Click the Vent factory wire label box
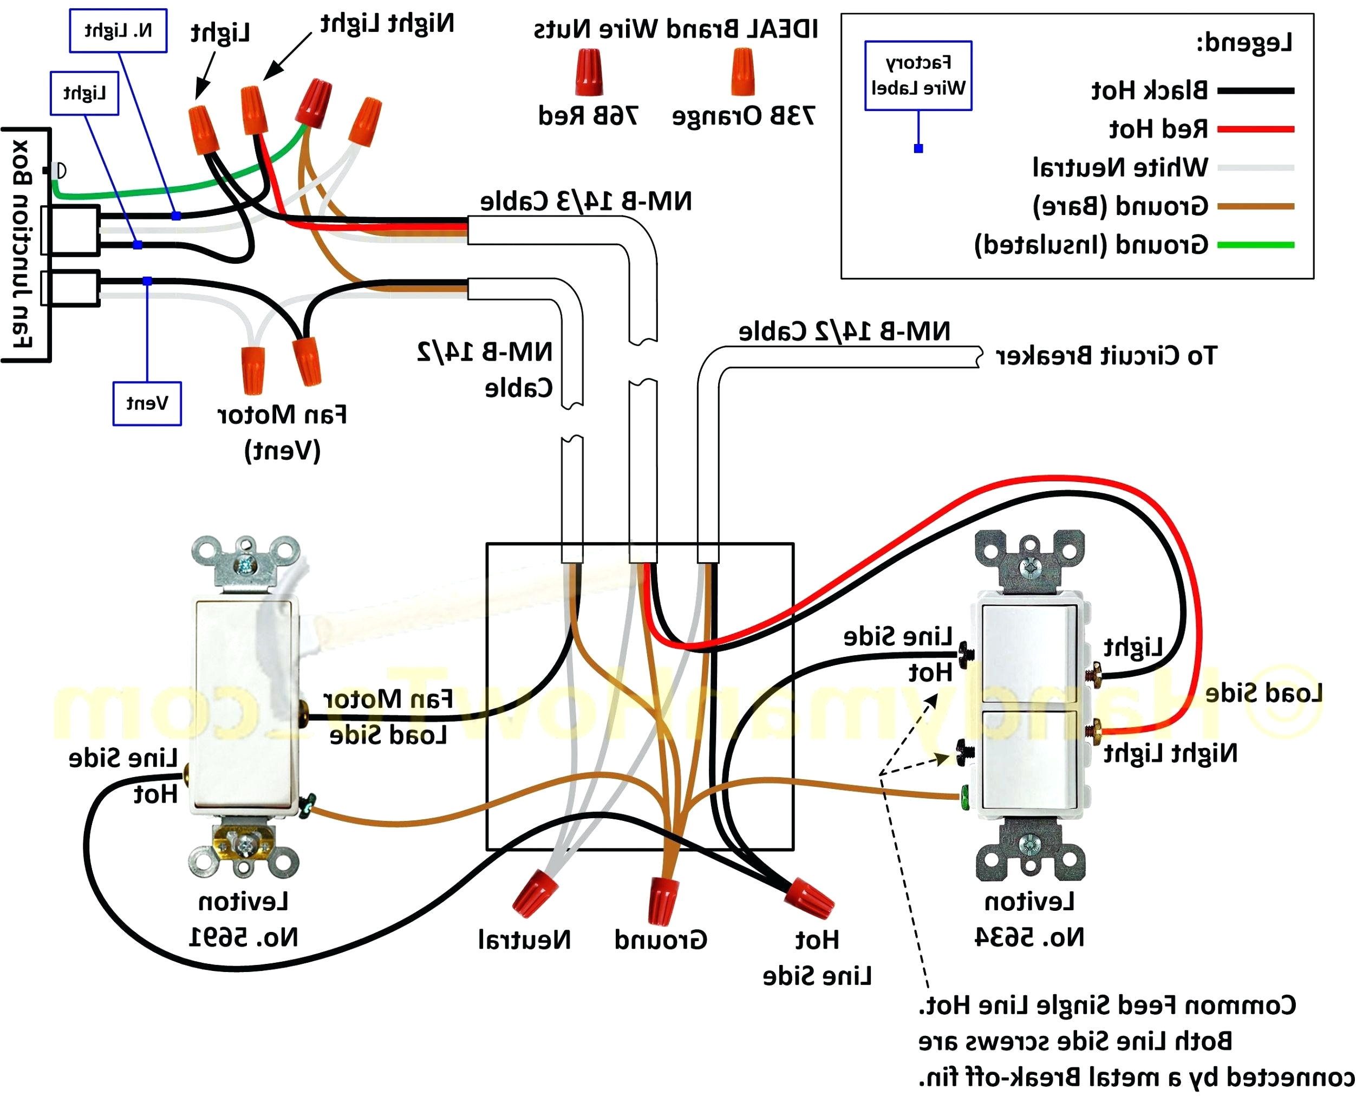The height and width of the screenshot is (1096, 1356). tap(147, 403)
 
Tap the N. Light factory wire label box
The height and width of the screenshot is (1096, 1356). tap(118, 30)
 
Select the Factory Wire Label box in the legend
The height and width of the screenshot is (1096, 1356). tap(917, 76)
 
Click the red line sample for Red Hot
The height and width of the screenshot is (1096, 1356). tap(1255, 129)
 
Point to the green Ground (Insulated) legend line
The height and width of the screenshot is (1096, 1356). tap(1255, 244)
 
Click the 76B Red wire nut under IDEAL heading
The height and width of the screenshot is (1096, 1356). tap(588, 73)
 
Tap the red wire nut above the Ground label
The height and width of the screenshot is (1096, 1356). tap(662, 899)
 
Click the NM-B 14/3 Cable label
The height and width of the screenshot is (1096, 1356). tap(585, 201)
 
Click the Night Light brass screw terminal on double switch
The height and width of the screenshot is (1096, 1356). tap(1090, 731)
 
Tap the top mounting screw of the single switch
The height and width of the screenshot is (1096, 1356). tap(245, 566)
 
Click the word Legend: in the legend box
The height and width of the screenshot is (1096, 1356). tap(1243, 42)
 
